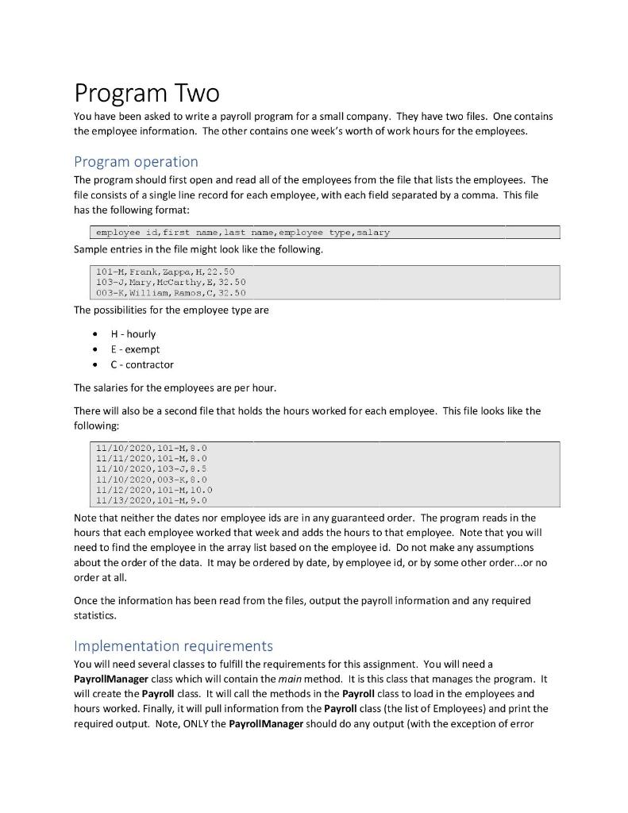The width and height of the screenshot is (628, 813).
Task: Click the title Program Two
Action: [x=146, y=94]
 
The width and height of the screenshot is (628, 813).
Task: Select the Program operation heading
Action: [x=136, y=161]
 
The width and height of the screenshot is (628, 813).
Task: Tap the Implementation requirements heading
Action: [x=173, y=645]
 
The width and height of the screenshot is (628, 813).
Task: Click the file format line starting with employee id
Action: [x=242, y=233]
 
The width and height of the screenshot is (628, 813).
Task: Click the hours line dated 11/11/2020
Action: [x=151, y=459]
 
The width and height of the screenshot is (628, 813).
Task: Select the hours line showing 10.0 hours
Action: [x=154, y=490]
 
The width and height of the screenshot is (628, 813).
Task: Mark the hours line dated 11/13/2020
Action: [x=151, y=500]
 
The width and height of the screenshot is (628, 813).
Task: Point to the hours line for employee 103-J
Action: [x=151, y=469]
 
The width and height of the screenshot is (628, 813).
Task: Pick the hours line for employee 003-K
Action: [x=151, y=480]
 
